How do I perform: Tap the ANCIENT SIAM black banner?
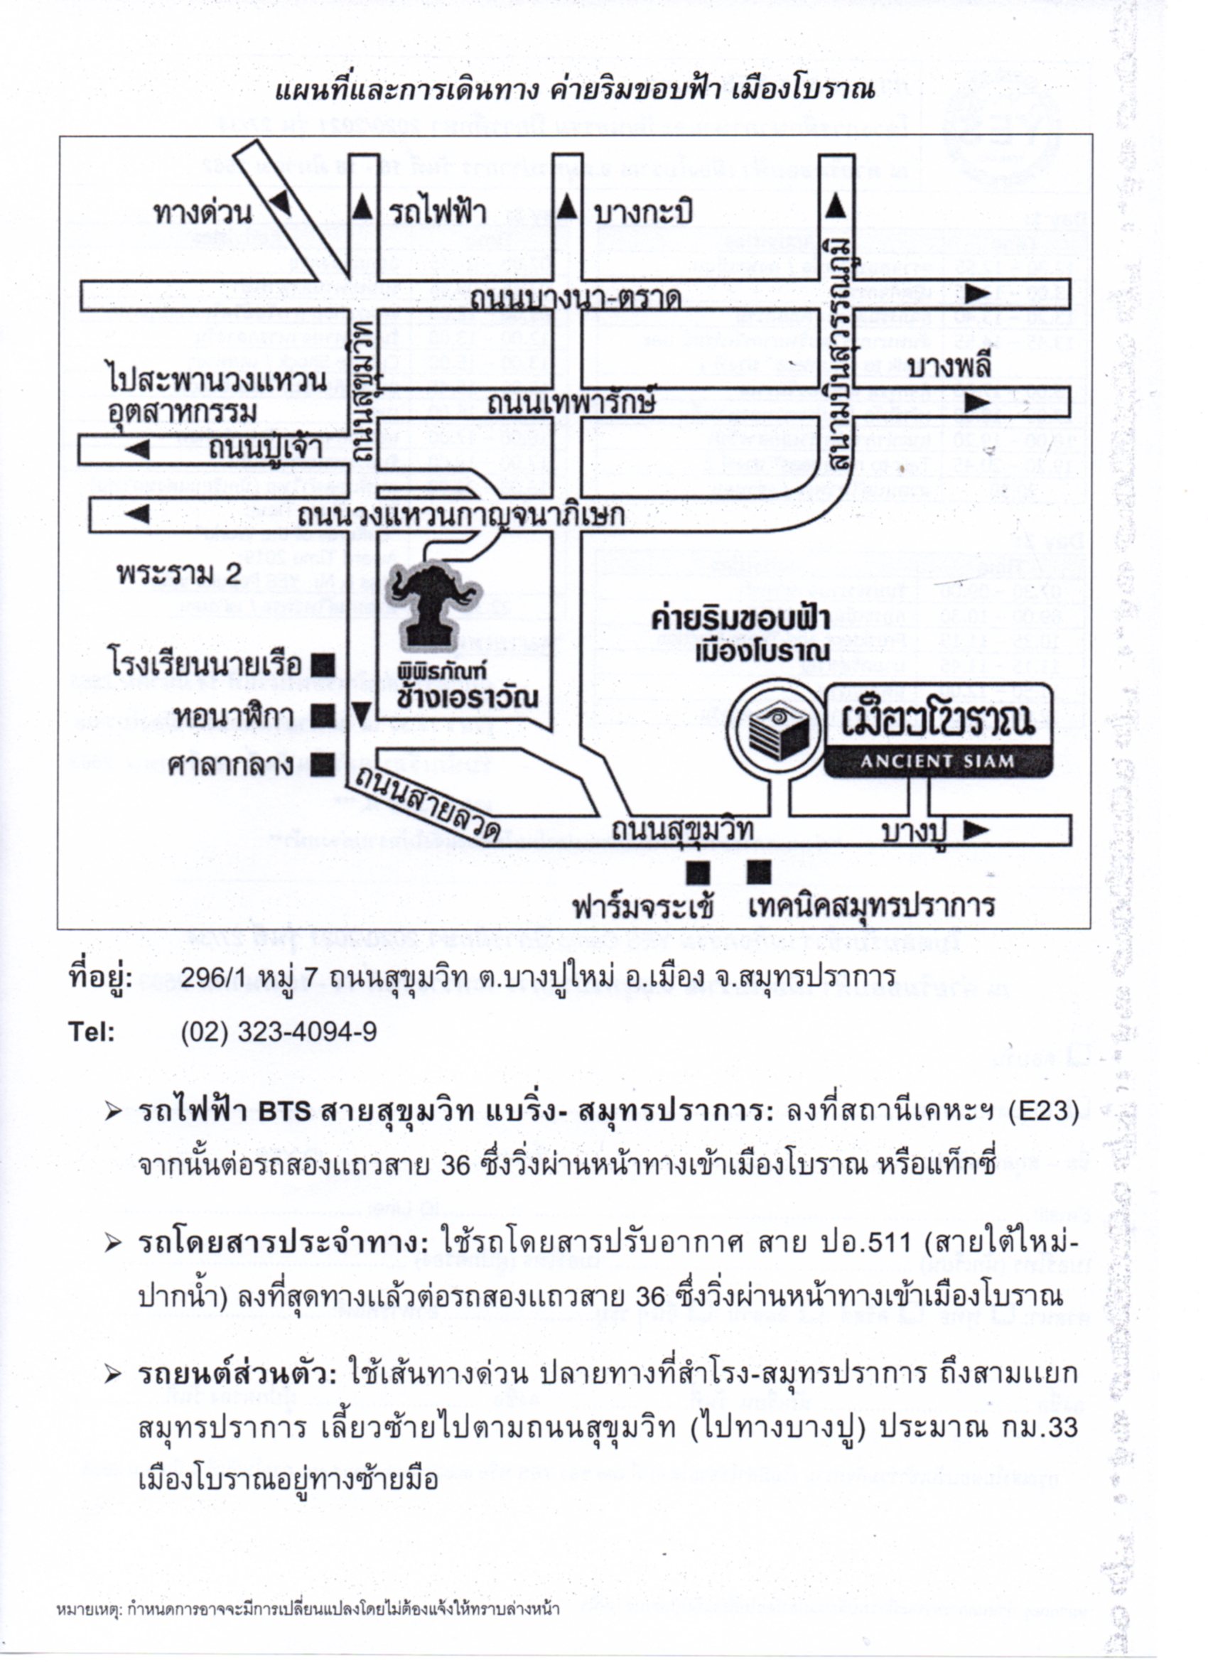point(937,760)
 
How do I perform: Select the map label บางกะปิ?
point(644,213)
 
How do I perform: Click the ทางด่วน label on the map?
point(203,213)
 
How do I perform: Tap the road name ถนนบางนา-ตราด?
point(576,299)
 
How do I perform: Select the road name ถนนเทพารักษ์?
point(571,402)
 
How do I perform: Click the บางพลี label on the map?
point(949,367)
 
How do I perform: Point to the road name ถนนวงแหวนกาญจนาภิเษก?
point(461,515)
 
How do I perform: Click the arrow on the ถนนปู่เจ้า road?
point(137,448)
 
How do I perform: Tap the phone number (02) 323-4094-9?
point(279,1032)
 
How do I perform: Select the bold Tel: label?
point(92,1032)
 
